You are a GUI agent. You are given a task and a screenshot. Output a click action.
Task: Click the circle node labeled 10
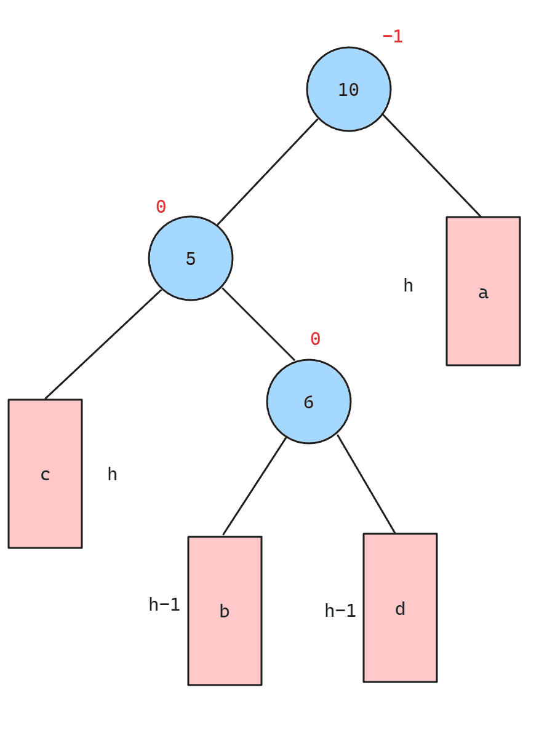coord(349,89)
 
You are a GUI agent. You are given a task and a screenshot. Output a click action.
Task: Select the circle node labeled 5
coord(191,258)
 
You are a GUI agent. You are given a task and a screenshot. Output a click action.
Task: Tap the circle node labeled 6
coord(309,402)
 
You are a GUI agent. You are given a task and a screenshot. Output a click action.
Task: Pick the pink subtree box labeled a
coord(483,291)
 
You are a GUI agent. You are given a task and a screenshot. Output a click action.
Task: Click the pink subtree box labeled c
coord(45,473)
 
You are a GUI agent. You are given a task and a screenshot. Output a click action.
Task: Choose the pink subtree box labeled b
coord(225,611)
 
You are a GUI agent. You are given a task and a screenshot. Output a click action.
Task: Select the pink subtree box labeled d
coord(400,608)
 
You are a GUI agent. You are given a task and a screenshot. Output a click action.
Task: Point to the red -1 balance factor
coord(393,36)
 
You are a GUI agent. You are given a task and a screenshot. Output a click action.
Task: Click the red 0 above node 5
coord(161,206)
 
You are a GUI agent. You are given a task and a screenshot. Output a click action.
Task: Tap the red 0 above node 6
coord(316,339)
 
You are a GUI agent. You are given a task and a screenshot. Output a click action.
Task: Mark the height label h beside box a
coord(408,285)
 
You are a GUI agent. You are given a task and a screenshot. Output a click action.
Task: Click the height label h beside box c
coord(112,473)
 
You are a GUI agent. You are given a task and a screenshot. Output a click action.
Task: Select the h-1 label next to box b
coord(164,604)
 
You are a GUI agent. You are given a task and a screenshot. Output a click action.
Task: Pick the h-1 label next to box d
coord(340,610)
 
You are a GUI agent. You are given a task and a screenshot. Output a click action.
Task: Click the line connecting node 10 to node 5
coord(268,172)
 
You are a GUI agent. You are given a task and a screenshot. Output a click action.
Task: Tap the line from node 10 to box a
coord(431,165)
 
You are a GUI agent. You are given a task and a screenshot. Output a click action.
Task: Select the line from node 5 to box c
coord(103,344)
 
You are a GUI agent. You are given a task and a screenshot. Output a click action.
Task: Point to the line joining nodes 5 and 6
coord(258,325)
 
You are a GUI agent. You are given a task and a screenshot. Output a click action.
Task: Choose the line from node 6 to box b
coord(254,486)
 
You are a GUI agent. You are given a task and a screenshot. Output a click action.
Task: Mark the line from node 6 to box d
coord(366,484)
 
